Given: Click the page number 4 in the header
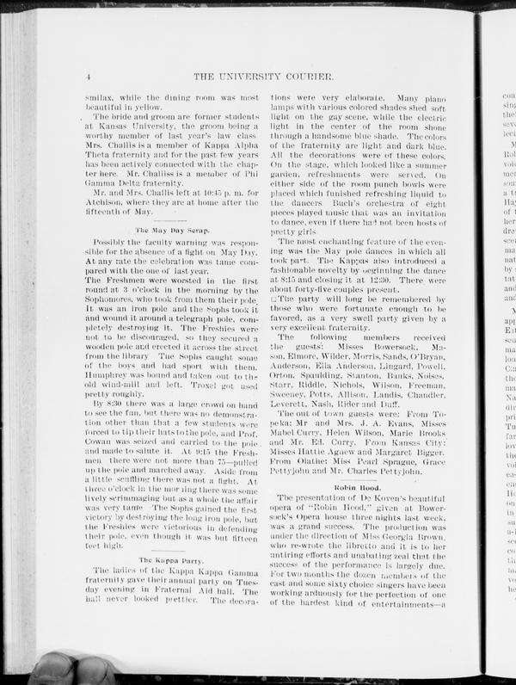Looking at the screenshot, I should pyautogui.click(x=89, y=78).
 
